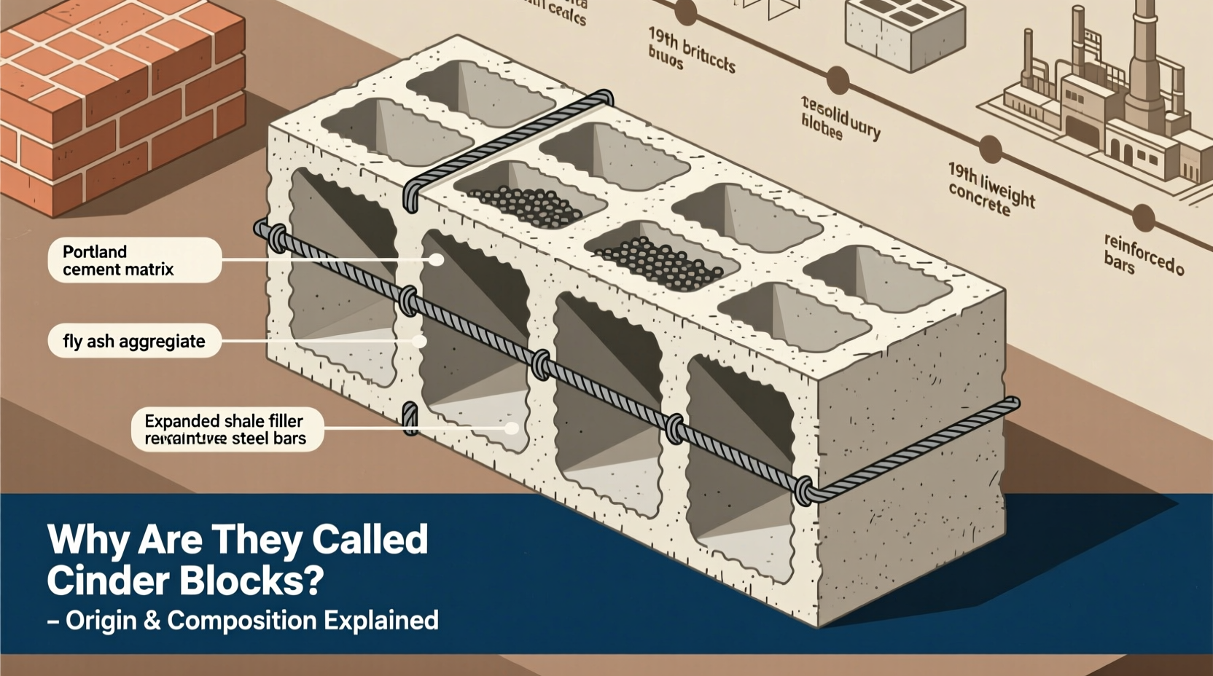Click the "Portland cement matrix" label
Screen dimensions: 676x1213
[134, 260]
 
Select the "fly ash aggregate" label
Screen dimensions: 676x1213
[134, 341]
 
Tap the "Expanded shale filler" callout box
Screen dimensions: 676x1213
[227, 429]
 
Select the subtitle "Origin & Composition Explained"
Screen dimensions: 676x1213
[251, 621]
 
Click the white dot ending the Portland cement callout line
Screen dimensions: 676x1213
[437, 259]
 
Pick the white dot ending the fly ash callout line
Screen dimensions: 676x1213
[418, 341]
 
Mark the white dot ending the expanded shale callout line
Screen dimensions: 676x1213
[512, 428]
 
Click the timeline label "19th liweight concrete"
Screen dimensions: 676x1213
[991, 189]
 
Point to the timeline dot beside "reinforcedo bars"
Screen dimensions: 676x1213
[1143, 217]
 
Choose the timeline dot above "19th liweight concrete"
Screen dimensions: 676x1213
[990, 149]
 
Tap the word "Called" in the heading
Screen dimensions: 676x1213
[370, 540]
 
